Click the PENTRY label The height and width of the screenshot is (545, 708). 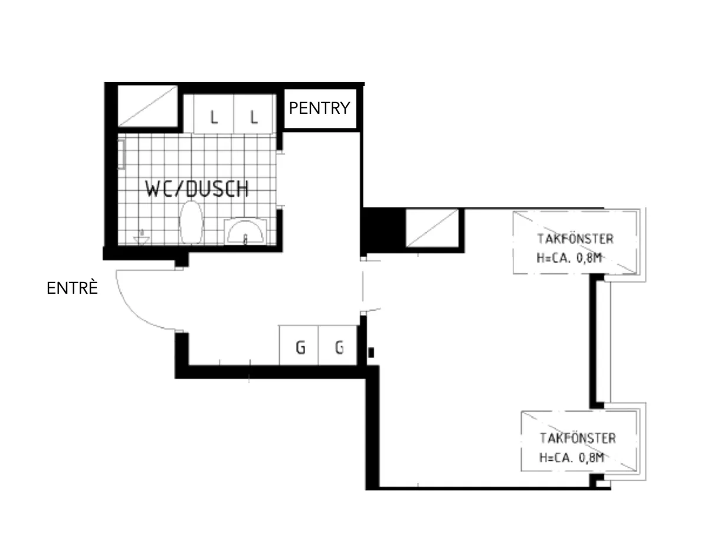(x=319, y=108)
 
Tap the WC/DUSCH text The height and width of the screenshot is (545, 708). (x=197, y=189)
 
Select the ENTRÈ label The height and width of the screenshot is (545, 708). (x=73, y=288)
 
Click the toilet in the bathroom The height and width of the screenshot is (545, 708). (x=191, y=222)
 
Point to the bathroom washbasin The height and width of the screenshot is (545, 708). (x=245, y=231)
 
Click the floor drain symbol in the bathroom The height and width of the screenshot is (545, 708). (x=142, y=238)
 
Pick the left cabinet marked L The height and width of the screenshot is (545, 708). (x=214, y=114)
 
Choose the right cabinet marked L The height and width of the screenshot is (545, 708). (x=254, y=114)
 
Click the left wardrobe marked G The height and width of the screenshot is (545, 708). (x=299, y=345)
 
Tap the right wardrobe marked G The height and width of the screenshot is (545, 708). (x=338, y=345)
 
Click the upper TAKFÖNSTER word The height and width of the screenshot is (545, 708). (x=575, y=239)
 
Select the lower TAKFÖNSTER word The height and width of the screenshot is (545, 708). (x=578, y=438)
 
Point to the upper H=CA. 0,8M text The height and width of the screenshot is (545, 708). (x=569, y=258)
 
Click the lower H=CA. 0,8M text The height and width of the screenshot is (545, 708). (x=572, y=458)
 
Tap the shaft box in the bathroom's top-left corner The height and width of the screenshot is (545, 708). (x=147, y=106)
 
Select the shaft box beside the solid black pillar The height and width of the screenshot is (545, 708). (x=432, y=228)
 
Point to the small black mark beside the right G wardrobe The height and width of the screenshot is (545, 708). (x=371, y=353)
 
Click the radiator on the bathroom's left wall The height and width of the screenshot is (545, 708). (x=121, y=155)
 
